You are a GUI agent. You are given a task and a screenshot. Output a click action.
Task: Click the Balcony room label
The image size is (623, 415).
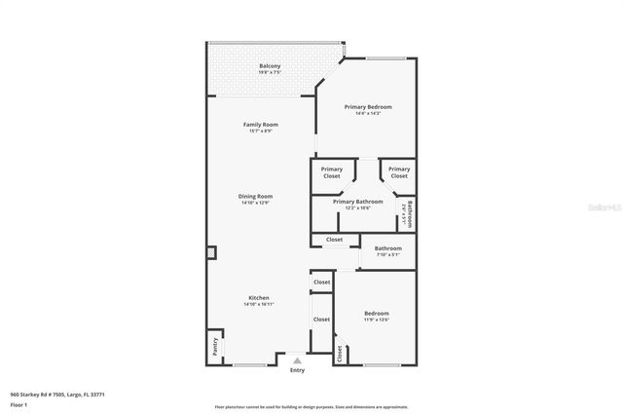(270, 66)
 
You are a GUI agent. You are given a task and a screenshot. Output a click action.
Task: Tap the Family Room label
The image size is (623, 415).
(261, 125)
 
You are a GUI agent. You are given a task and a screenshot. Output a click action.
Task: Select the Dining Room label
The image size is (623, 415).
(255, 196)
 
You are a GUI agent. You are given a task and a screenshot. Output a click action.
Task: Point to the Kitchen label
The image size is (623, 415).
(258, 298)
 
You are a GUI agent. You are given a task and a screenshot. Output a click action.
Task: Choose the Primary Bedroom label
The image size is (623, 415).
(367, 106)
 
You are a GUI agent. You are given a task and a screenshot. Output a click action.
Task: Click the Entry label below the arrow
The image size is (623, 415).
(297, 370)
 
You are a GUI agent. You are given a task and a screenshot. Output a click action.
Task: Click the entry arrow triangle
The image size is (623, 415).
(297, 360)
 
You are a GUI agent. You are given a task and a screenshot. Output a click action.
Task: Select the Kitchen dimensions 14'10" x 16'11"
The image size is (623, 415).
(258, 305)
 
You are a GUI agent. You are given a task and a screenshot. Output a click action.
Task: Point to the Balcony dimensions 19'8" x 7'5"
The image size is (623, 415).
(270, 73)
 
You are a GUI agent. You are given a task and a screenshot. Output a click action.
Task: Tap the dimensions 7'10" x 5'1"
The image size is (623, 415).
(387, 255)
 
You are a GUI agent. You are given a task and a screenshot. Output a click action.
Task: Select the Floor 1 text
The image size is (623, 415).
(19, 404)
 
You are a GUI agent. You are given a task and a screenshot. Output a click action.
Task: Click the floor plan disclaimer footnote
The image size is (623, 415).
(311, 406)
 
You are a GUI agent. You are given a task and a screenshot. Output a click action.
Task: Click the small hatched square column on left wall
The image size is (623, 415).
(210, 252)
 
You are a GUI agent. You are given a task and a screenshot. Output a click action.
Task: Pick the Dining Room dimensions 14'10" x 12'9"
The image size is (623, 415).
(255, 203)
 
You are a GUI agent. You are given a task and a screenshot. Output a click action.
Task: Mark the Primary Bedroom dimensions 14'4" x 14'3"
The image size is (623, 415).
(367, 113)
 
